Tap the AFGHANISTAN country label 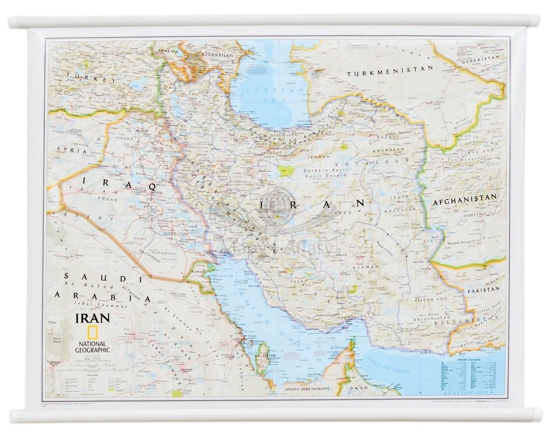point(465,196)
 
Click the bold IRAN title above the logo point(92,318)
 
